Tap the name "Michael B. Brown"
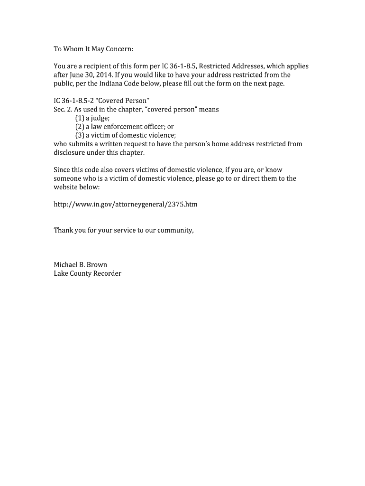pyautogui.click(x=80, y=265)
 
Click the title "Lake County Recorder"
pyautogui.click(x=87, y=274)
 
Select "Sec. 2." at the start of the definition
pyautogui.click(x=62, y=109)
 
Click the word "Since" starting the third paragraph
pyautogui.click(x=62, y=170)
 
